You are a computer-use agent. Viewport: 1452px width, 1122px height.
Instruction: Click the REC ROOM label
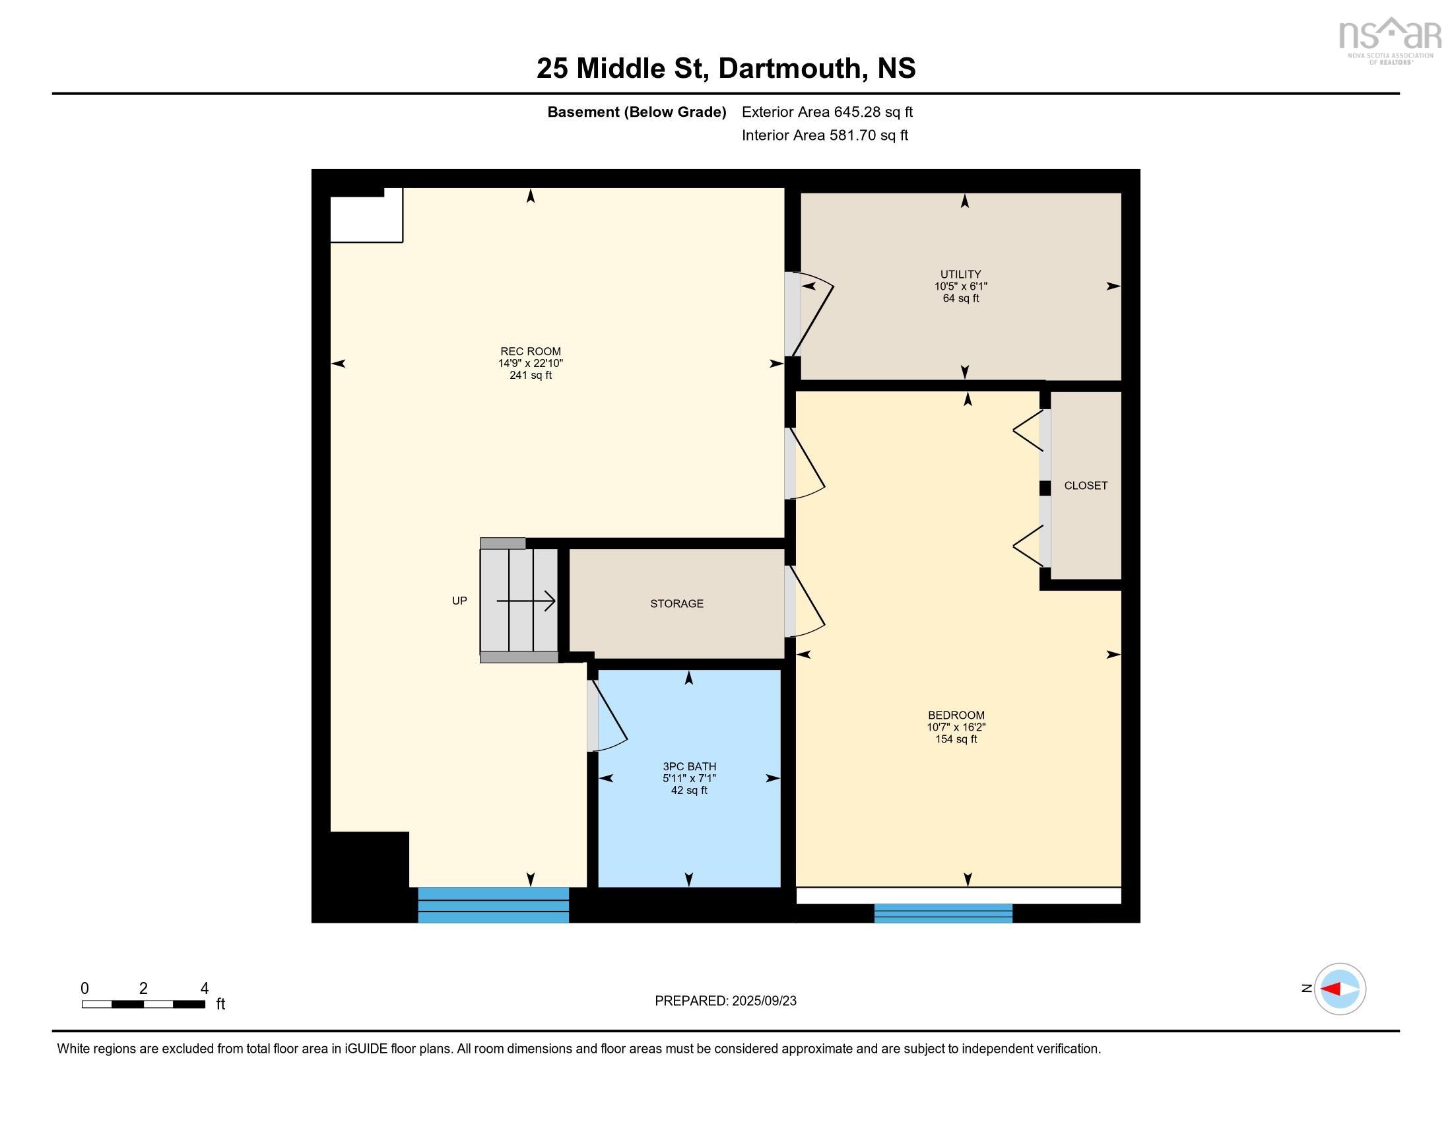click(x=530, y=351)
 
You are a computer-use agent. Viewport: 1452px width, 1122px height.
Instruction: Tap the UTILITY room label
click(x=960, y=274)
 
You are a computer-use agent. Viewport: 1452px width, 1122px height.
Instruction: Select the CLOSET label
click(x=1085, y=485)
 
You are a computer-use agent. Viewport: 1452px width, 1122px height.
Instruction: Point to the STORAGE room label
click(x=676, y=603)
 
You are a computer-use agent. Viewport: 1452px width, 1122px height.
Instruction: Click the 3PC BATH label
click(x=689, y=766)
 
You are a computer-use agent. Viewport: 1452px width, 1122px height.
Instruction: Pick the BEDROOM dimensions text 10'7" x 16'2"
click(x=956, y=727)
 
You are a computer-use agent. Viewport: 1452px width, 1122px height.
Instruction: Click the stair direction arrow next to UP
click(x=526, y=601)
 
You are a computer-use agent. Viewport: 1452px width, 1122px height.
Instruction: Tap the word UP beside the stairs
click(x=459, y=601)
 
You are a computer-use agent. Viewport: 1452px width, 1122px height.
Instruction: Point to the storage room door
click(x=806, y=601)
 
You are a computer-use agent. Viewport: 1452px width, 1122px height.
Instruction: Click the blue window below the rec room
click(x=492, y=905)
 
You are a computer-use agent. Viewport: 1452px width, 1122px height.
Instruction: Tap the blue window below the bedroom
click(x=942, y=913)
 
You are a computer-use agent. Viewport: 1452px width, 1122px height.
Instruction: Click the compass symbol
click(x=1339, y=989)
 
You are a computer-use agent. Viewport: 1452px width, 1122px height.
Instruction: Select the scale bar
click(x=143, y=1004)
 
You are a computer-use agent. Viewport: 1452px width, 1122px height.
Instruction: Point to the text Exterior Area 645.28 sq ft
click(x=826, y=112)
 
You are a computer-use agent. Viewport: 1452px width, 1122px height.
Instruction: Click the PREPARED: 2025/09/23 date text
click(x=725, y=1001)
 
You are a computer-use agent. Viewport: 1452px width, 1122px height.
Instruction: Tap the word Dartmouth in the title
click(x=789, y=68)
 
